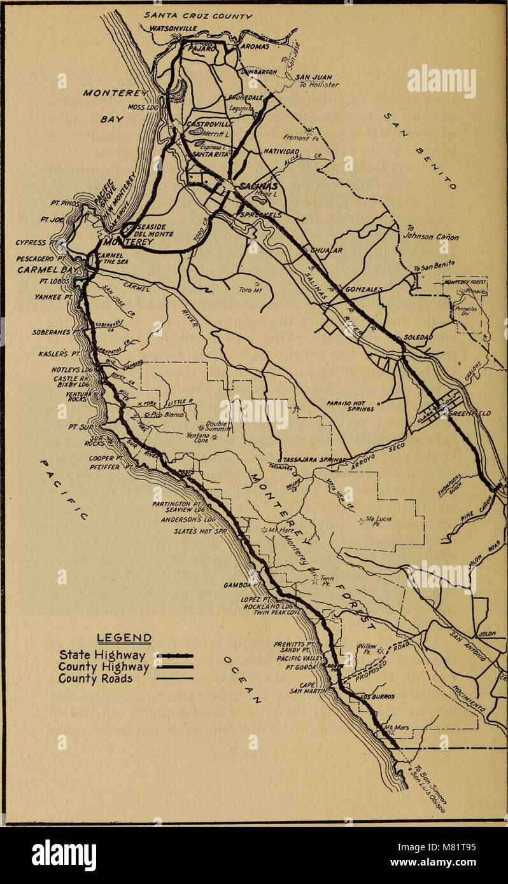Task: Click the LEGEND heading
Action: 124,638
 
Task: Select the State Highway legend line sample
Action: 174,654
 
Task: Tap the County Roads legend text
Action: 96,679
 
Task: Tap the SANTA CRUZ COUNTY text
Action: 198,15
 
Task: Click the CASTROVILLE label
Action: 209,124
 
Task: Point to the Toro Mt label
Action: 246,289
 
